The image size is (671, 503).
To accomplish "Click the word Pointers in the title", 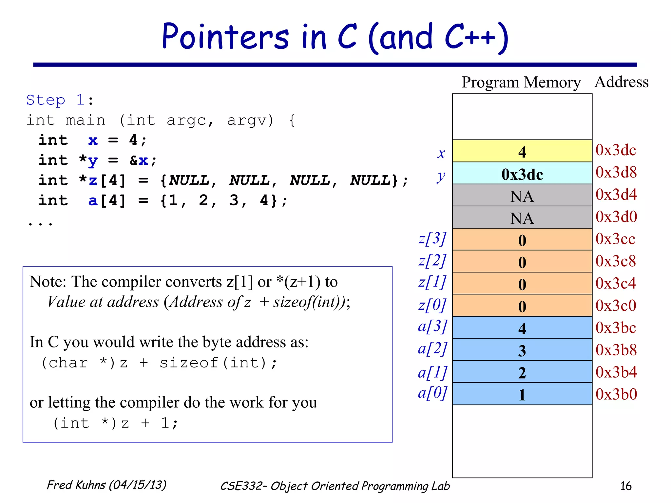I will [225, 37].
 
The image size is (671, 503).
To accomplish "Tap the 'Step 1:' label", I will [60, 100].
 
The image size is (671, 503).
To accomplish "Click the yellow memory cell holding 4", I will [522, 151].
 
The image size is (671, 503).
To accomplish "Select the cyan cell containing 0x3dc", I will [522, 174].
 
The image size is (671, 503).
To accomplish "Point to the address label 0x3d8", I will [616, 172].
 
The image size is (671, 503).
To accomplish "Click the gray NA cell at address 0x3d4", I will [522, 196].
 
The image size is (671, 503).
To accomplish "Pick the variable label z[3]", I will [432, 239].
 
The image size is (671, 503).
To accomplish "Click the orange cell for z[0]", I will [522, 306].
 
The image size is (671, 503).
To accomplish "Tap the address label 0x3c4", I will [616, 283].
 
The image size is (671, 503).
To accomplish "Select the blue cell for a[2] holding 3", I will [522, 350].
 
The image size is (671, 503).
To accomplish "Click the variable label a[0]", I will [432, 393].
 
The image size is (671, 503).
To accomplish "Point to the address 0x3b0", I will [616, 394].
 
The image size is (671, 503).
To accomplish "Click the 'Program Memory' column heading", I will [521, 82].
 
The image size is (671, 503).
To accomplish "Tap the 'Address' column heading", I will [621, 82].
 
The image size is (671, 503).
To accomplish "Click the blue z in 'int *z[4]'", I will [93, 180].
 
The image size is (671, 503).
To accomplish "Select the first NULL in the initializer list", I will [189, 180].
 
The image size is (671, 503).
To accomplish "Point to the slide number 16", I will [625, 486].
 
